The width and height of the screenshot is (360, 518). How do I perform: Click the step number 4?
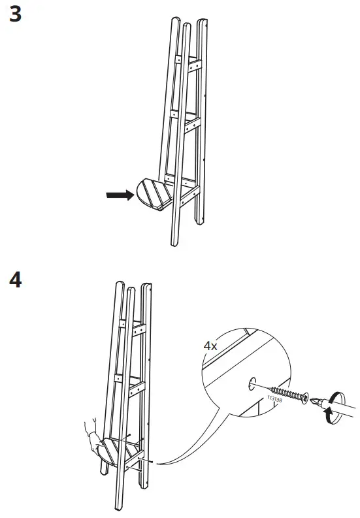[15, 282]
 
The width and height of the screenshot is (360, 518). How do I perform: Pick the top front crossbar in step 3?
[194, 66]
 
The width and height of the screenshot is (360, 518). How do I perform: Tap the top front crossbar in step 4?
[138, 328]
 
